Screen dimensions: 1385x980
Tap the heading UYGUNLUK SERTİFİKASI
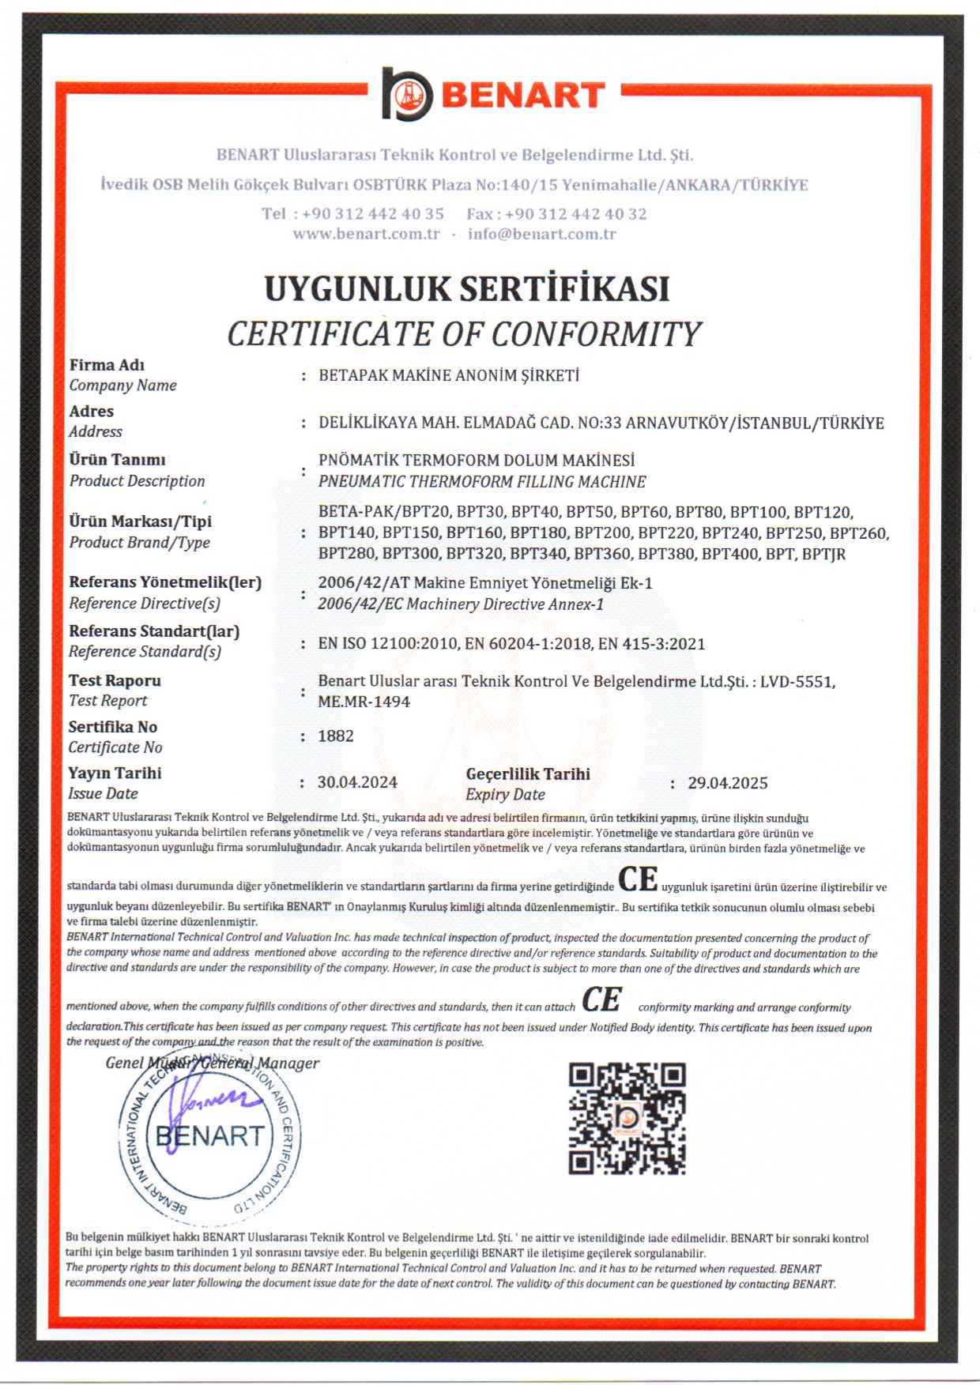(x=466, y=288)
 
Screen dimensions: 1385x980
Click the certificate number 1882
(x=336, y=736)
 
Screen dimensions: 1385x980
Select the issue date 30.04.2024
(x=357, y=783)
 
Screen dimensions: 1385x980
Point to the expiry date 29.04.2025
(x=727, y=783)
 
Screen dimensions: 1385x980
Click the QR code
(x=627, y=1119)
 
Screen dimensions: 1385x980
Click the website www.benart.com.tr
(x=366, y=234)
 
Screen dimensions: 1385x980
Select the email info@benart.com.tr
(x=541, y=234)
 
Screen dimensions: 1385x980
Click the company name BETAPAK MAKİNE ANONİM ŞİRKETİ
(x=449, y=376)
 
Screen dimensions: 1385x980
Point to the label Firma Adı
(x=107, y=365)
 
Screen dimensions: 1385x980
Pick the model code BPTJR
(x=824, y=555)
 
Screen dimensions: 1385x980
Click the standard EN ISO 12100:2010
(x=387, y=644)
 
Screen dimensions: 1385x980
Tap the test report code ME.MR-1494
(x=364, y=702)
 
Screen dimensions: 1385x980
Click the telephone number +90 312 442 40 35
(x=373, y=214)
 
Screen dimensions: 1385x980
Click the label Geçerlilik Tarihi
(x=528, y=774)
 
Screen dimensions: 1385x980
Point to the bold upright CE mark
(x=637, y=879)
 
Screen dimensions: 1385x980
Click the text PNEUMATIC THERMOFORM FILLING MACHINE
(x=482, y=482)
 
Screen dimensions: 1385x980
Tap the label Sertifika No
(x=112, y=727)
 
